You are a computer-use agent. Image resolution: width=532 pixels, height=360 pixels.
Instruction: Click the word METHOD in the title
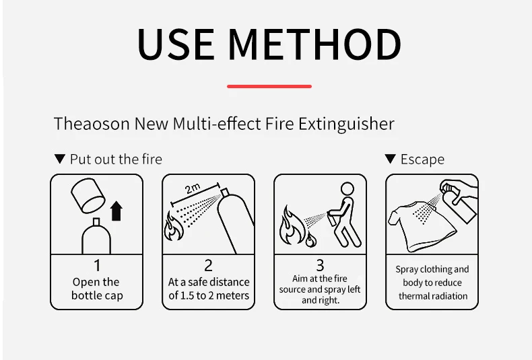coord(314,44)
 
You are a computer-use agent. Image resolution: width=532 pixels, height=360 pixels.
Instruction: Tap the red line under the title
coord(269,86)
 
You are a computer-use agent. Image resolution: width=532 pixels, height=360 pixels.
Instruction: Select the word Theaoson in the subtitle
coord(92,123)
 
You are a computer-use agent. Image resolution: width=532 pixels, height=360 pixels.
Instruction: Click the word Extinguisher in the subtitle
coord(346,124)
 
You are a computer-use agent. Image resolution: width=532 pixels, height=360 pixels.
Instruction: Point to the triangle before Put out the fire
coord(60,159)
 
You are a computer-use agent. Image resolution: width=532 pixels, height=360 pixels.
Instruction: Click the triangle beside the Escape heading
coord(390,159)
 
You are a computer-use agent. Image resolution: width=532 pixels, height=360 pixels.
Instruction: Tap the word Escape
coord(422,159)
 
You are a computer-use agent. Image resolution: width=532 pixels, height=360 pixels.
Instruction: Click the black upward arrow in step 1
coord(117,211)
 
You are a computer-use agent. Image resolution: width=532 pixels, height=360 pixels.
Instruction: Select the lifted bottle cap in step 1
coord(88,196)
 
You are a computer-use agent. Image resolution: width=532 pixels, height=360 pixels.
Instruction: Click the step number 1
coord(98,265)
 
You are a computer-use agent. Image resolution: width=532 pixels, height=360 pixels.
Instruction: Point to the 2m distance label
coord(193,188)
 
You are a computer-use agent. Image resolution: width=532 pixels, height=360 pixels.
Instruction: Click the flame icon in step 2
coord(173,226)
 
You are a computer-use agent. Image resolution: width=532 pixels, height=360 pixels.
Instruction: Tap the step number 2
coord(208,265)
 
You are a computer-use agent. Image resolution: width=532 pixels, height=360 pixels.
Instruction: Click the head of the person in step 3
coord(347,189)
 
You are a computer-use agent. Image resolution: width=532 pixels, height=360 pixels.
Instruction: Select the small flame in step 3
coord(311,240)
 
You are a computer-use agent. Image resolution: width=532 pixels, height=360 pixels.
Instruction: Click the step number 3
coord(320,265)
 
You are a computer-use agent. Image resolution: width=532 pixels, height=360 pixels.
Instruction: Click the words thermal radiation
coord(433,296)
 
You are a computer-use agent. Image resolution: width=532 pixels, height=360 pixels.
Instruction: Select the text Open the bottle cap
coord(97,289)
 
